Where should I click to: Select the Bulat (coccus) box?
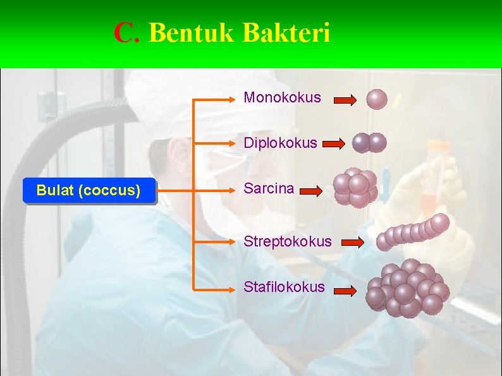[x=89, y=190]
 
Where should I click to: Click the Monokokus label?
[x=282, y=98]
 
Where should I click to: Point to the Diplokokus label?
[x=280, y=143]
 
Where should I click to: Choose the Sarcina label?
[x=269, y=188]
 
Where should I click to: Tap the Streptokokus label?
[x=288, y=241]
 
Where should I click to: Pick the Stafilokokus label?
[x=285, y=287]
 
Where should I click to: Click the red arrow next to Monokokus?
[x=345, y=100]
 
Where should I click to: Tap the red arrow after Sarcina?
[x=310, y=190]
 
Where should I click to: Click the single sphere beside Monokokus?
[x=377, y=99]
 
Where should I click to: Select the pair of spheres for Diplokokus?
[x=369, y=143]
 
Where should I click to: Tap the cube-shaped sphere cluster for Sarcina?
[x=356, y=188]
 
